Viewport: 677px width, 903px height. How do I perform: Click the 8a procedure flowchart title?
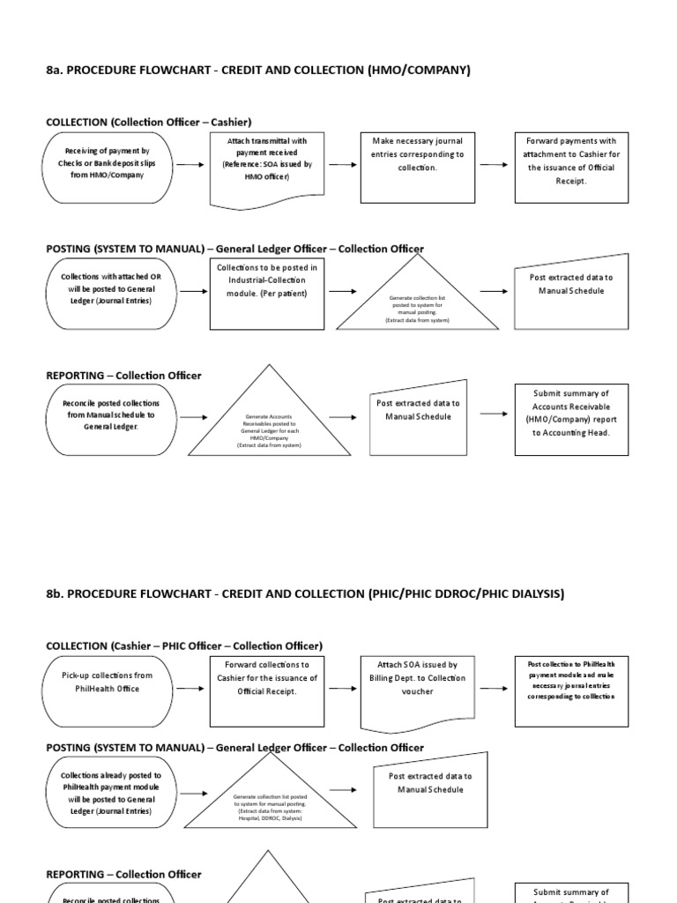[x=258, y=70]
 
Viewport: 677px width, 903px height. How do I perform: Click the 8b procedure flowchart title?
[x=305, y=593]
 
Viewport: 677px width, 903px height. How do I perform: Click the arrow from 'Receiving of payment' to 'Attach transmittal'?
[x=191, y=165]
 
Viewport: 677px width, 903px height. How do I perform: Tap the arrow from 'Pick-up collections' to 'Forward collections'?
[x=191, y=689]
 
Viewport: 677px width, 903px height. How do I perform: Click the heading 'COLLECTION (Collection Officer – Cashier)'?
[x=143, y=122]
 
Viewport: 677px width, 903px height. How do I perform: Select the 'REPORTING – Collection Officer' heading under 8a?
[x=123, y=375]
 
